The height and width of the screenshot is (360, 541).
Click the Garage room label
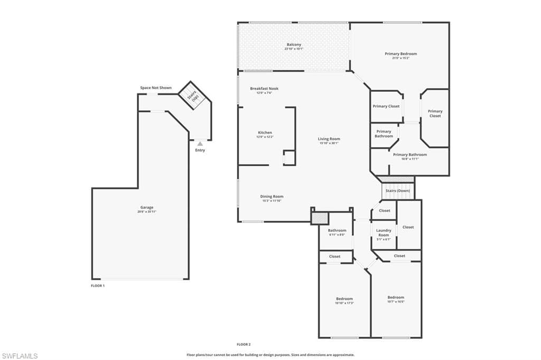pos(147,209)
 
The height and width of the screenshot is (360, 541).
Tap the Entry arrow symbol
pos(200,143)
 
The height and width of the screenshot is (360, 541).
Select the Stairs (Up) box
pos(191,95)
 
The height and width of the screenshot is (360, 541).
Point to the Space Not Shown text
pos(155,88)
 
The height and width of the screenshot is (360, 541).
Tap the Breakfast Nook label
pos(264,90)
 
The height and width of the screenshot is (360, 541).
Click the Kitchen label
pos(265,134)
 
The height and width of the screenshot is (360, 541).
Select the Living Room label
pos(329,140)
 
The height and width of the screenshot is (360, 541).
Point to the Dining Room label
pos(272,198)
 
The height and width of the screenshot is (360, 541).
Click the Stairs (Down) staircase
pos(397,191)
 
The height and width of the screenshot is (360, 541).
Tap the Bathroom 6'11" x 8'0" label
pos(337,232)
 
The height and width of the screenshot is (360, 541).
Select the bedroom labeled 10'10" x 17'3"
pos(344,300)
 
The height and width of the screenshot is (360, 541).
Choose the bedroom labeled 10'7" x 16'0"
pos(395,299)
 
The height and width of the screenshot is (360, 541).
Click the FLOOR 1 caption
pos(98,286)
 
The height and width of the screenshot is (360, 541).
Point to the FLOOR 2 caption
pos(244,344)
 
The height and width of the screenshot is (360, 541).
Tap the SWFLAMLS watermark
pos(20,356)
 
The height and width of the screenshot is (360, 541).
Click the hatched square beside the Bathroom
pos(319,217)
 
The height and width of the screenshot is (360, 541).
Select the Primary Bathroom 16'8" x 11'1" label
pos(409,156)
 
